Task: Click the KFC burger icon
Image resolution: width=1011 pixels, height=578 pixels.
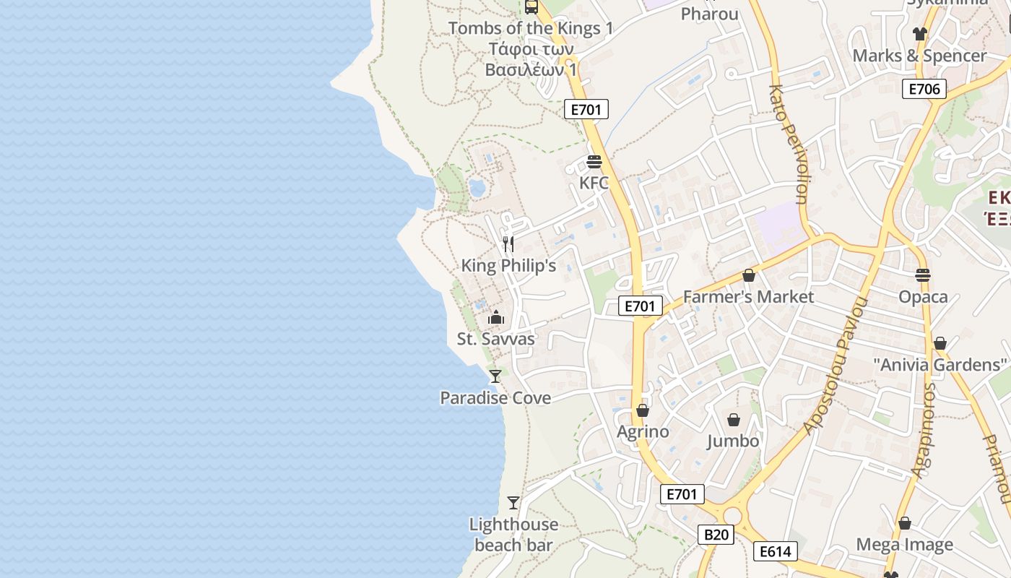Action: (x=594, y=161)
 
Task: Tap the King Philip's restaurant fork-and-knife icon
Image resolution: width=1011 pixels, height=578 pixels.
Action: (x=508, y=243)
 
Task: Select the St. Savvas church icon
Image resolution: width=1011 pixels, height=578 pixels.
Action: (x=496, y=317)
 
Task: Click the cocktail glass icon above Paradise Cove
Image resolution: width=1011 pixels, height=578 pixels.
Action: (x=495, y=376)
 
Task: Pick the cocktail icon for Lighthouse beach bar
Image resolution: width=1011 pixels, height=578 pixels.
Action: (x=513, y=502)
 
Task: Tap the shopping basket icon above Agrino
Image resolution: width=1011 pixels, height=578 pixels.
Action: (x=643, y=410)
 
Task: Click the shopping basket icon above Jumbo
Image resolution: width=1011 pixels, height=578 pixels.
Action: (x=734, y=420)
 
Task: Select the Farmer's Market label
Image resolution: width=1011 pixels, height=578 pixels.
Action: (x=748, y=296)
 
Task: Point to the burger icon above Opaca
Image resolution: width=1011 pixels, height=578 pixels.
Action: (x=923, y=275)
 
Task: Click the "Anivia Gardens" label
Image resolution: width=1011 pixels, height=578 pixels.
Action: (x=940, y=364)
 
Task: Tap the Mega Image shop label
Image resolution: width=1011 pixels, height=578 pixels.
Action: (x=904, y=544)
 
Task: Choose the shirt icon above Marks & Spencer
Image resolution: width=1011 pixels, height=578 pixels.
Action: (x=919, y=33)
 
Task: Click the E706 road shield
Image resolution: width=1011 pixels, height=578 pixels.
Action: (x=924, y=89)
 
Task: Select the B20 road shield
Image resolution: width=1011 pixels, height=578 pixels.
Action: (x=716, y=535)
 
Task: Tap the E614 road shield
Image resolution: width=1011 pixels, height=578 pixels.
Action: (x=776, y=551)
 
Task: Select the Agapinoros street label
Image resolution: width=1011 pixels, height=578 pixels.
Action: (x=924, y=430)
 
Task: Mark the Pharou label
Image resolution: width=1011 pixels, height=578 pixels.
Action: (x=710, y=13)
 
